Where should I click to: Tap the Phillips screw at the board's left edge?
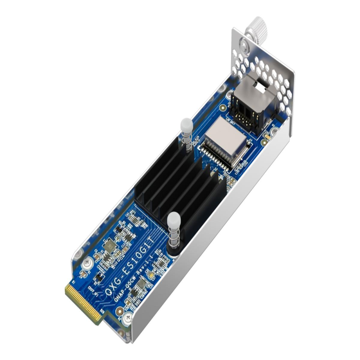pos(87,262)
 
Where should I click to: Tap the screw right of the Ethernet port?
pos(274,131)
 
